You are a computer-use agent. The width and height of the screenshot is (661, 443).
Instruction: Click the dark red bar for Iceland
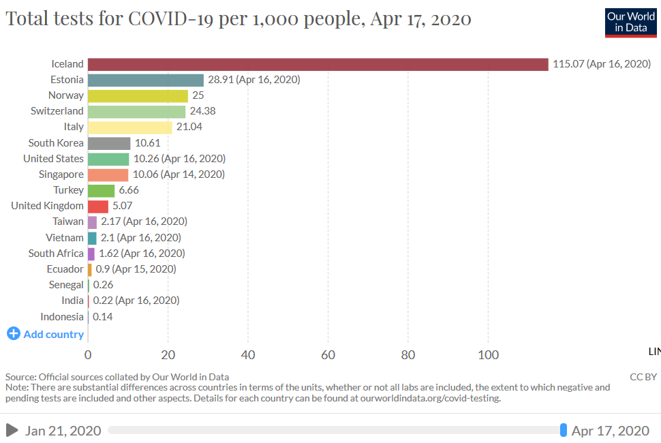(x=318, y=64)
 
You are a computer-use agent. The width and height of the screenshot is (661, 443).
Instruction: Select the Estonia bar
(x=146, y=80)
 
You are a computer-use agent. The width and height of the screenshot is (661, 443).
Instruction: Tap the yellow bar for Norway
(x=138, y=95)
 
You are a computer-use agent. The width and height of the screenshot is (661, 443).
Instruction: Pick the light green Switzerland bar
(x=136, y=111)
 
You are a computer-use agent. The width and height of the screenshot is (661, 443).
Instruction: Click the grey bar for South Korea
(x=109, y=143)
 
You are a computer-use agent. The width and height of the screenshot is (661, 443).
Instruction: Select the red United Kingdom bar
(x=98, y=206)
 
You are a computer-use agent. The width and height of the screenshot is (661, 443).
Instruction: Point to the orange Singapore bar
(x=108, y=174)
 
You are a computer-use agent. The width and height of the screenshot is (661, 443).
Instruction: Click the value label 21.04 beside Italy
(x=189, y=127)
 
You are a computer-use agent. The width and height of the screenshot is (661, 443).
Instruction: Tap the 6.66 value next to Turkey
(x=129, y=190)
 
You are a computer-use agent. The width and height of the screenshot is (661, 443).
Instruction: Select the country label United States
(x=53, y=159)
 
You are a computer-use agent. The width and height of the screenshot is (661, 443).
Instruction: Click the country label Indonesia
(x=62, y=317)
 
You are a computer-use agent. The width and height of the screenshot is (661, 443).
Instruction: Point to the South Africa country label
(x=56, y=254)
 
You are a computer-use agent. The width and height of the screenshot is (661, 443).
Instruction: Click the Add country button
(x=46, y=334)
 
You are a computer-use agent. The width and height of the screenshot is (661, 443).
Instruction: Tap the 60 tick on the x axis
(x=328, y=355)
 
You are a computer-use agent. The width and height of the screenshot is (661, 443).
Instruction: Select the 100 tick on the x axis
(x=488, y=355)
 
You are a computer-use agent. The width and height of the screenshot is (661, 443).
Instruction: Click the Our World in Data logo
(x=630, y=22)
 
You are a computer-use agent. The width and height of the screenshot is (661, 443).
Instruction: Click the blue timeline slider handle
(x=563, y=430)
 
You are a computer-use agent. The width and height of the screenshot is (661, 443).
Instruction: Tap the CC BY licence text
(x=643, y=377)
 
